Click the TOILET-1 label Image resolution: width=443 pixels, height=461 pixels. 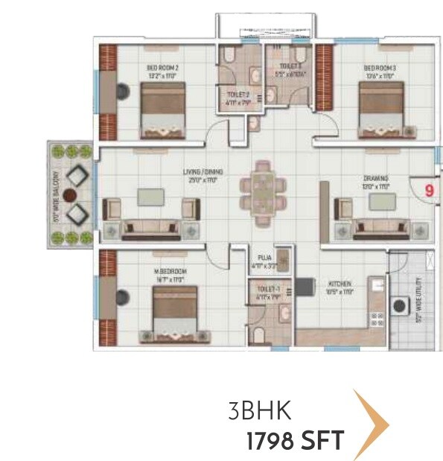267,287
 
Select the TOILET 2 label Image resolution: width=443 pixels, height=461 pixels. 238,95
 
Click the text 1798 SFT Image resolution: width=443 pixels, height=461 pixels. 295,441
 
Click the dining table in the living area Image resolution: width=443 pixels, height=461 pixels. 262,191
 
